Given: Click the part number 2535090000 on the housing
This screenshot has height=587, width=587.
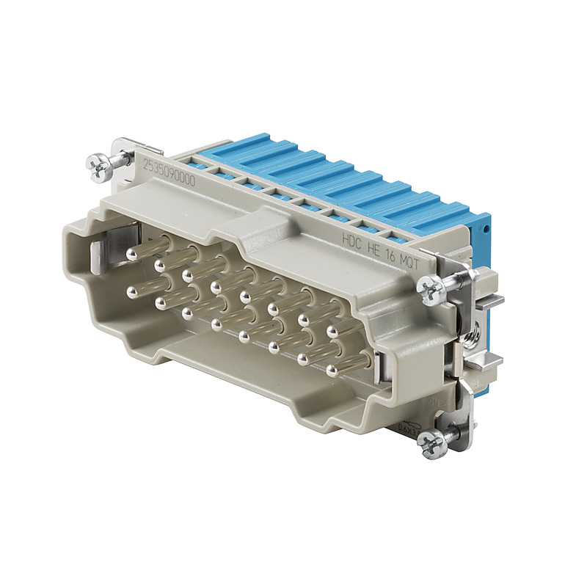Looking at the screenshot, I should point(169,171).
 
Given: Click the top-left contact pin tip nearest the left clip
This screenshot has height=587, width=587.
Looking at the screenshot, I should point(133,253).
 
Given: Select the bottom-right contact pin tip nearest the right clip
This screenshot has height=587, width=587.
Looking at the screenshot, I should point(330,370).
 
